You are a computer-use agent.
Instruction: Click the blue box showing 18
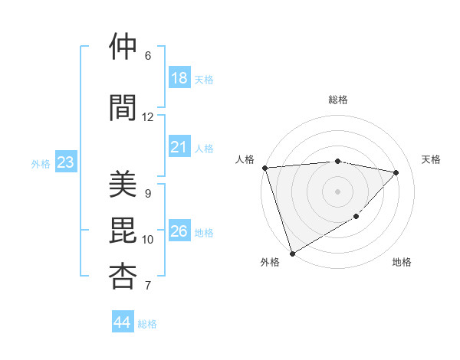pyautogui.click(x=179, y=78)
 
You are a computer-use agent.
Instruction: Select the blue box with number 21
pyautogui.click(x=179, y=147)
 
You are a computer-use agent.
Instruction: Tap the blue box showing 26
pyautogui.click(x=179, y=231)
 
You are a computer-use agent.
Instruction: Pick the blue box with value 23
pyautogui.click(x=65, y=162)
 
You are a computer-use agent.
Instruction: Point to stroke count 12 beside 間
pyautogui.click(x=147, y=117)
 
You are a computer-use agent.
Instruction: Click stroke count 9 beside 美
pyautogui.click(x=147, y=194)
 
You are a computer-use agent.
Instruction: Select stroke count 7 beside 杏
pyautogui.click(x=147, y=286)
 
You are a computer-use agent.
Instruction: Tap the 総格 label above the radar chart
pyautogui.click(x=337, y=100)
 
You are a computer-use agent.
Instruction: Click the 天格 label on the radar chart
pyautogui.click(x=432, y=159)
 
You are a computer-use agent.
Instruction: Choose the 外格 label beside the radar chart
pyautogui.click(x=269, y=262)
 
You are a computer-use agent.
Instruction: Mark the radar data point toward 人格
pyautogui.click(x=264, y=168)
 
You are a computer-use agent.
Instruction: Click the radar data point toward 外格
pyautogui.click(x=292, y=253)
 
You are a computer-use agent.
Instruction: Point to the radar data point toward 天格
pyautogui.click(x=396, y=172)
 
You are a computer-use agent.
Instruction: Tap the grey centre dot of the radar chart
pyautogui.click(x=337, y=191)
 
